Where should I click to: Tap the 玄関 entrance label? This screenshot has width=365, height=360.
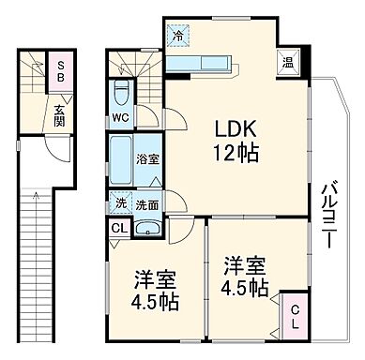(59, 114)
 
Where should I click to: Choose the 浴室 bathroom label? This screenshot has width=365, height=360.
(148, 159)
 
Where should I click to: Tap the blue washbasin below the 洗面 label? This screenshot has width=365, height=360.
(148, 229)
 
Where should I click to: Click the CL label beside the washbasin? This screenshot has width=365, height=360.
(119, 229)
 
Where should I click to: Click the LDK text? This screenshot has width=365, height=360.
(233, 127)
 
